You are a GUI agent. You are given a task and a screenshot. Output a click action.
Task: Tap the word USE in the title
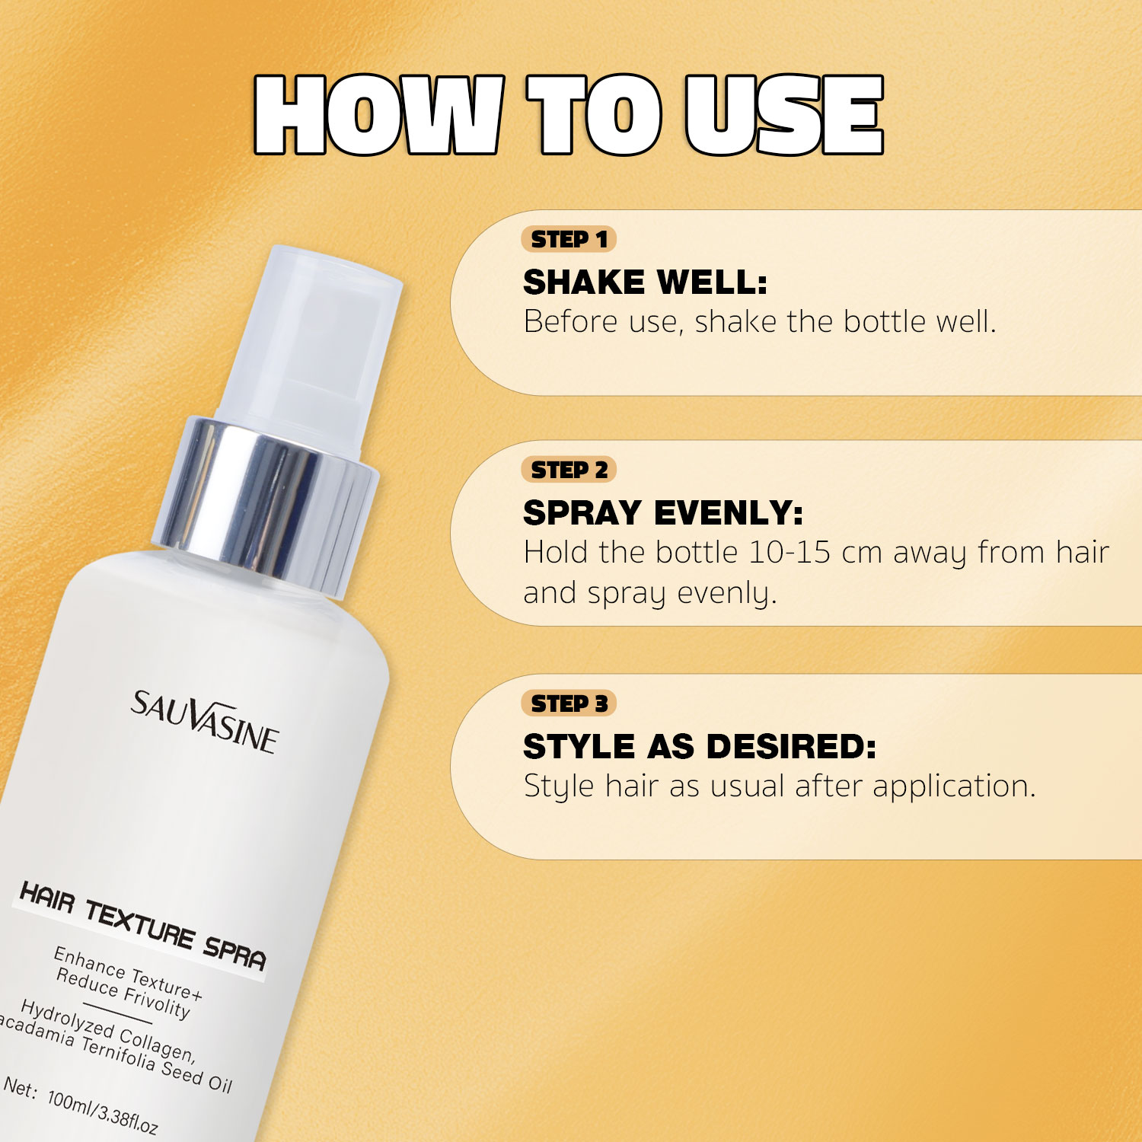tap(784, 115)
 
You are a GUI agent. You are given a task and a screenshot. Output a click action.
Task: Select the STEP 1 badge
tap(569, 240)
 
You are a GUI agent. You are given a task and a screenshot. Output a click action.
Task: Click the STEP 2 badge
tap(569, 471)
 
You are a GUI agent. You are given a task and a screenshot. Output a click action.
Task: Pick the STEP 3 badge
tap(569, 704)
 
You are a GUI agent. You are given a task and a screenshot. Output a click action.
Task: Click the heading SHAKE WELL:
tap(646, 282)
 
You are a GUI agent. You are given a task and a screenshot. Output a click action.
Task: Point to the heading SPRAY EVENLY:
tap(663, 513)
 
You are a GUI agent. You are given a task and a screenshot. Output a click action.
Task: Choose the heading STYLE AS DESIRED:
tap(700, 747)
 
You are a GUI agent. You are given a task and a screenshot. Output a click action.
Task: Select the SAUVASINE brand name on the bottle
tap(204, 722)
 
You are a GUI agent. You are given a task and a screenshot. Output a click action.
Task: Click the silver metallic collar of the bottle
tap(265, 506)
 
